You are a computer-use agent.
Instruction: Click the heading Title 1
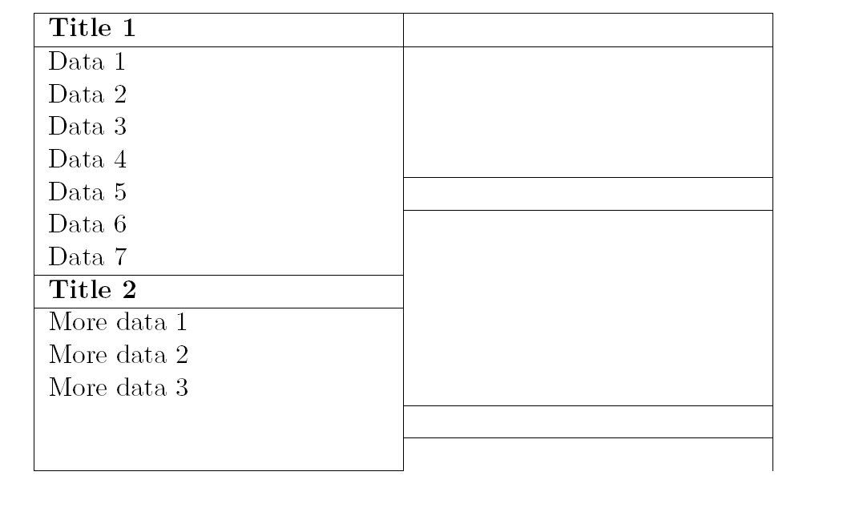[x=92, y=30]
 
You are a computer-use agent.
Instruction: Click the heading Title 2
[x=92, y=289]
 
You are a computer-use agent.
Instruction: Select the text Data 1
[x=87, y=62]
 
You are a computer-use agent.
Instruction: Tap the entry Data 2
[x=87, y=95]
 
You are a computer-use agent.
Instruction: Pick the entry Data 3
[x=87, y=127]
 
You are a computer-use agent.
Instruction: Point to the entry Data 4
[x=87, y=159]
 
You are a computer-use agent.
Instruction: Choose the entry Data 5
[x=87, y=192]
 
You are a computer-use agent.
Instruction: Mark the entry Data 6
[x=87, y=224]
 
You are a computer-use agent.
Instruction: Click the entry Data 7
[x=87, y=257]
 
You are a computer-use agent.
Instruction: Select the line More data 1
[x=118, y=323]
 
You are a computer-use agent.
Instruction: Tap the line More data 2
[x=118, y=355]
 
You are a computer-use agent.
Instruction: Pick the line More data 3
[x=118, y=388]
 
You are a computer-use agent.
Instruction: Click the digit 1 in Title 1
[x=128, y=30]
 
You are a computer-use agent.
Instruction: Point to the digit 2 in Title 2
[x=128, y=289]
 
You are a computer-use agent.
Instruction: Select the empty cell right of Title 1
[x=587, y=30]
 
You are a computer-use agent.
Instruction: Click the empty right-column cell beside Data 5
[x=587, y=193]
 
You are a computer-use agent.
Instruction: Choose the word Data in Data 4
[x=73, y=159]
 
